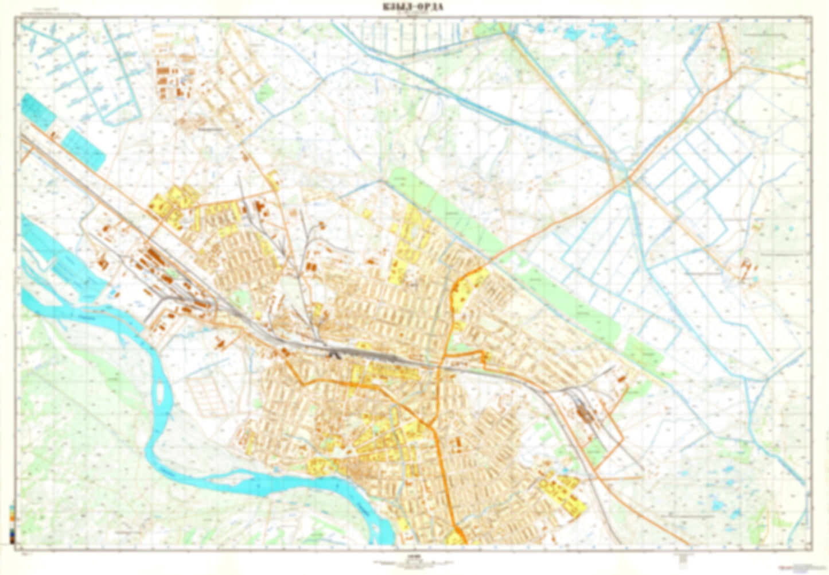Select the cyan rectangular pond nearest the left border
(x=37, y=110)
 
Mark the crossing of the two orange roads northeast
(x=626, y=178)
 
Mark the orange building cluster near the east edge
(x=746, y=266)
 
